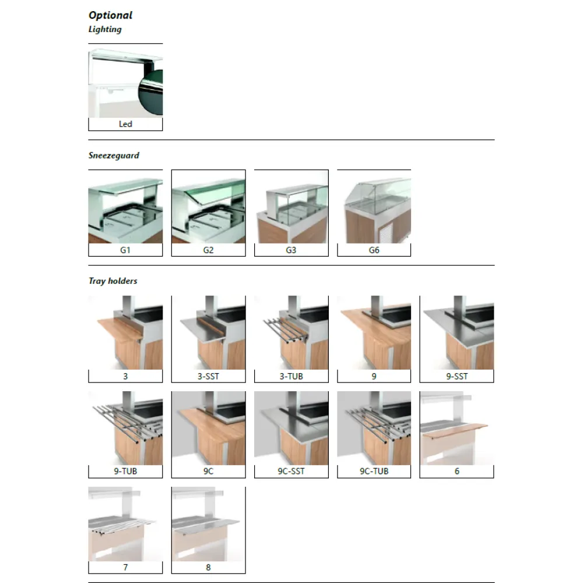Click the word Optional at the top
[111, 15]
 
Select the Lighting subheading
[105, 29]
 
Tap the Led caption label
[125, 124]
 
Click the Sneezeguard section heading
[114, 156]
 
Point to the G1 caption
[125, 250]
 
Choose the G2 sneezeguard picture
[208, 206]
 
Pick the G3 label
[291, 250]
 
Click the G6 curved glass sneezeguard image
[374, 206]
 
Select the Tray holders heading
[113, 281]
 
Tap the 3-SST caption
[208, 376]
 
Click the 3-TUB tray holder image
[291, 332]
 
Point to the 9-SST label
[456, 376]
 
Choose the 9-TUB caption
[125, 471]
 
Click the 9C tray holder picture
[208, 428]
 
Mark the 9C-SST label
[291, 471]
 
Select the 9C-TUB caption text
[374, 471]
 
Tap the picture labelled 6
[456, 428]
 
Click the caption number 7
[125, 567]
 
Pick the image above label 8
[208, 524]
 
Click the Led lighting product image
[125, 83]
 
